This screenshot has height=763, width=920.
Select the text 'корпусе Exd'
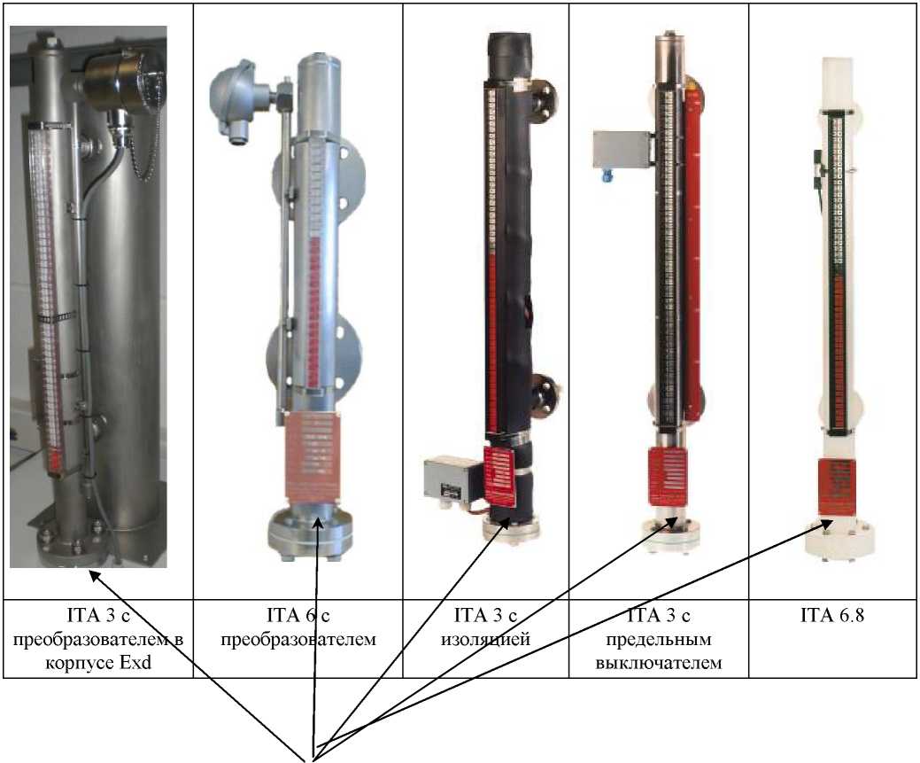[97, 661]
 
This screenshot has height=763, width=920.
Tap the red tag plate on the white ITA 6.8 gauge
[836, 487]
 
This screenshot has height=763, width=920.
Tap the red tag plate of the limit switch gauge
[666, 479]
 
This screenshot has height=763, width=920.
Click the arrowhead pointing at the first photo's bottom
[92, 576]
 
